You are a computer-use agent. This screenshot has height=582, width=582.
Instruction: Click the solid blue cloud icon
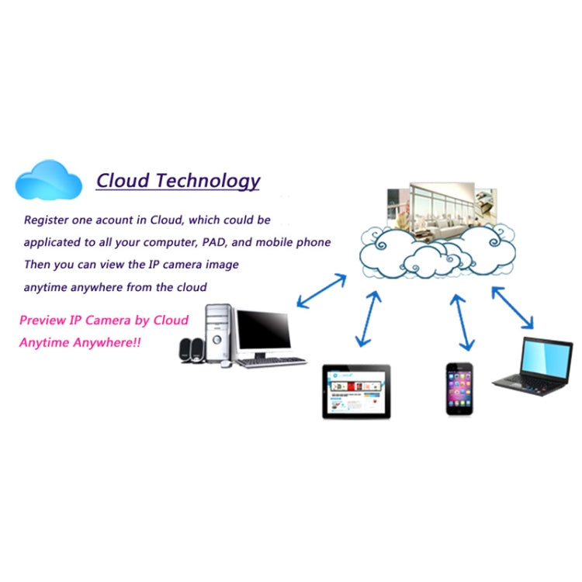pyautogui.click(x=49, y=180)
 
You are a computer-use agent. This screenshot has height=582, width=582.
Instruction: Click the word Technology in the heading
pyautogui.click(x=208, y=181)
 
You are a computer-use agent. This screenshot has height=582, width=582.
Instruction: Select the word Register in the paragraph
pyautogui.click(x=46, y=220)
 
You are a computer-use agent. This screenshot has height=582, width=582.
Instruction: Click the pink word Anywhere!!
pyautogui.click(x=107, y=342)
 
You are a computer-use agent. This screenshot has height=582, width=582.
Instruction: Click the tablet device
pyautogui.click(x=356, y=392)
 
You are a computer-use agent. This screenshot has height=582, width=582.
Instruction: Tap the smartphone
pyautogui.click(x=459, y=389)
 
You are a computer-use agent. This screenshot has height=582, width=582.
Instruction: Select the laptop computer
pyautogui.click(x=533, y=367)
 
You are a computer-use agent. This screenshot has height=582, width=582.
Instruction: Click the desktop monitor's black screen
pyautogui.click(x=264, y=330)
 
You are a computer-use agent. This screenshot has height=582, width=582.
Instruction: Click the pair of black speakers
pyautogui.click(x=192, y=350)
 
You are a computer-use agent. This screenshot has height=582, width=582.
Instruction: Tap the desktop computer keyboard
pyautogui.click(x=272, y=362)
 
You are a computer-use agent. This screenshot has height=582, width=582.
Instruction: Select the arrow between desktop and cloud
pyautogui.click(x=321, y=291)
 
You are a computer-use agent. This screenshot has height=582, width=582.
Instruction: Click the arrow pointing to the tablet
pyautogui.click(x=368, y=319)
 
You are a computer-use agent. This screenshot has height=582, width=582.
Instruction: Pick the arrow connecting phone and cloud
pyautogui.click(x=462, y=323)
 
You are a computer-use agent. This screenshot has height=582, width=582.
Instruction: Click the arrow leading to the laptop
pyautogui.click(x=513, y=308)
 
